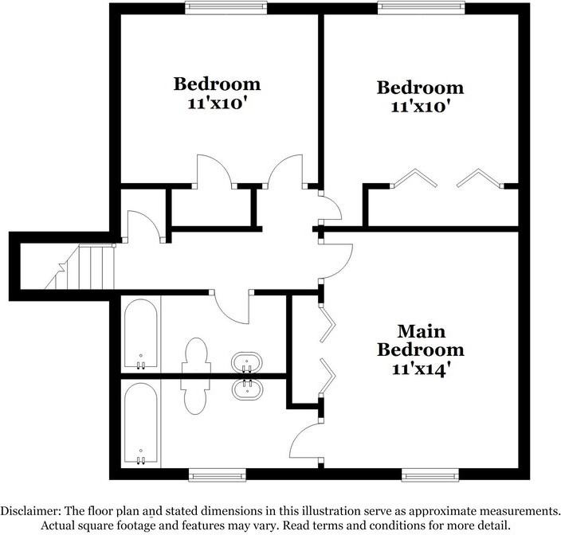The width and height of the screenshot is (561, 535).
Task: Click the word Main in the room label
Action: (422, 332)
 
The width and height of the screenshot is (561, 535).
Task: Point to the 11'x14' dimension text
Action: (420, 369)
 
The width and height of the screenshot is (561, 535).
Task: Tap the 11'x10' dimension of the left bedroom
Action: (218, 103)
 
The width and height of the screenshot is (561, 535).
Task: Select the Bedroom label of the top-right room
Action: (421, 88)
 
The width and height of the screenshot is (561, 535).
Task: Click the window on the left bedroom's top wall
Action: (226, 8)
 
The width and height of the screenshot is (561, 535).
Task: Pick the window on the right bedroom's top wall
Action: (421, 8)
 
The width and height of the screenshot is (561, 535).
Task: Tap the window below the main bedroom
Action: (430, 475)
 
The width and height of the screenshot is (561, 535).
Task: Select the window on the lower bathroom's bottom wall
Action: (218, 475)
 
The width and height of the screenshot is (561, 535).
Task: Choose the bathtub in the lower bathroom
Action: (140, 424)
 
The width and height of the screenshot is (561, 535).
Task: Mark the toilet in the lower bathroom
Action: (195, 396)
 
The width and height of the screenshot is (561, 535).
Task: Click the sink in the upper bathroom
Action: (246, 363)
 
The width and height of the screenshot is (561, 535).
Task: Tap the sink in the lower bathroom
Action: (246, 389)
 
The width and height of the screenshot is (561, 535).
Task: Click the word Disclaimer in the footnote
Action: (30, 510)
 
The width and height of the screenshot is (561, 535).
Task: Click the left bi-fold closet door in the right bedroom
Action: (414, 178)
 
